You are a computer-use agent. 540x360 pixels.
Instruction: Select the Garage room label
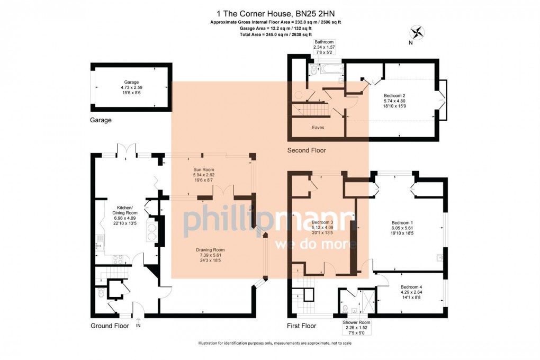(x=131, y=87)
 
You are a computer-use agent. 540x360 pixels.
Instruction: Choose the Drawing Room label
(x=210, y=255)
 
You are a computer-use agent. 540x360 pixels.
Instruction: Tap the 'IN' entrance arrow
(x=138, y=322)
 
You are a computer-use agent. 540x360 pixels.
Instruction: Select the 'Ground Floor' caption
(x=110, y=326)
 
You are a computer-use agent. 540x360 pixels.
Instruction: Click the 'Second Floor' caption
(x=307, y=150)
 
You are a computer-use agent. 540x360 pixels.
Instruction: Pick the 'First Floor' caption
(x=302, y=326)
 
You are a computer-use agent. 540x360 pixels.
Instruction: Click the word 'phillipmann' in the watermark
(x=267, y=223)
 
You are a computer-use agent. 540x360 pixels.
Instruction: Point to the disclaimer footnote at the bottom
(x=269, y=344)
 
